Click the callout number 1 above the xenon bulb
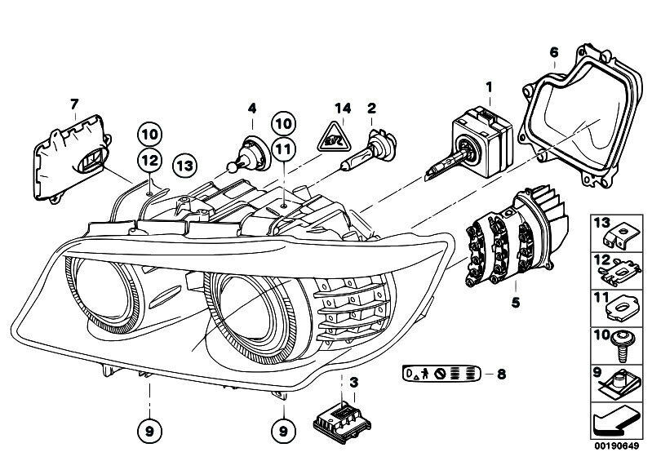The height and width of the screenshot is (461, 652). [x=489, y=86]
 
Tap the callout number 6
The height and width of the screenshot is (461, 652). [x=553, y=53]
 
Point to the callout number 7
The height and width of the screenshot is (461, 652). [x=73, y=103]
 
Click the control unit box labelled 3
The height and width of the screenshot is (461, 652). [x=342, y=416]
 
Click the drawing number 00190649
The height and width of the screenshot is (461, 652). [x=612, y=446]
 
